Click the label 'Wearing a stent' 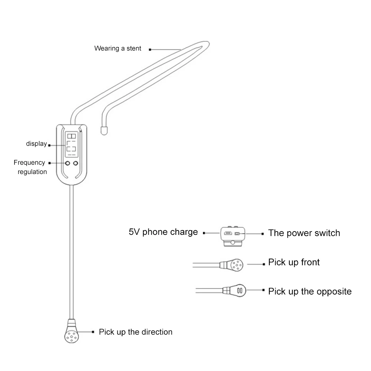(118, 48)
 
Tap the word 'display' (36, 144)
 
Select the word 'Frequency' (29, 162)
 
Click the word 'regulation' (32, 172)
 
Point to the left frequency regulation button (68, 163)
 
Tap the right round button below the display (76, 163)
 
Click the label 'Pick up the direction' (135, 332)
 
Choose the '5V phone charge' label (163, 232)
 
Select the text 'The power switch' (304, 233)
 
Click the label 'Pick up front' (294, 262)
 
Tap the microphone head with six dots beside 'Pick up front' (235, 265)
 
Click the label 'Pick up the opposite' (310, 291)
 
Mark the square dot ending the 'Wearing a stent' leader (150, 49)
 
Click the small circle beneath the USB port (232, 243)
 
